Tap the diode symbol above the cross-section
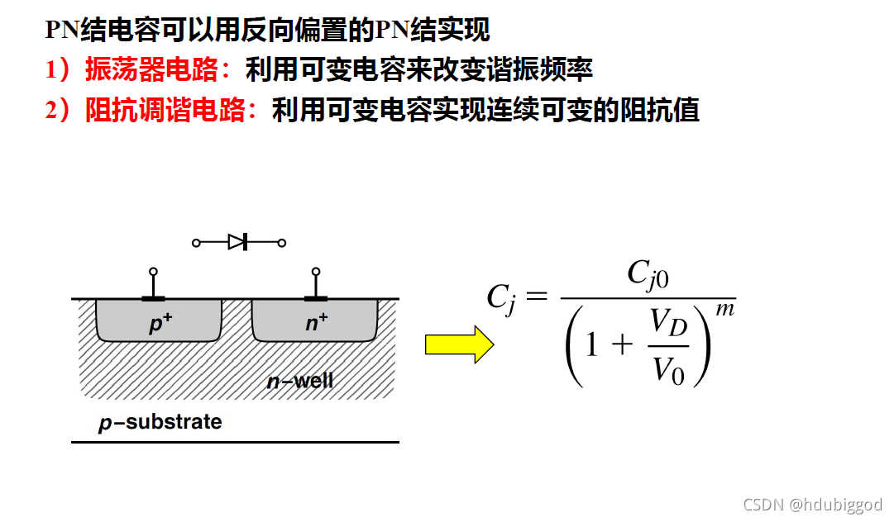point(238,242)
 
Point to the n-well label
point(300,381)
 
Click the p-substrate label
point(160,423)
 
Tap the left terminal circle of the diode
point(196,243)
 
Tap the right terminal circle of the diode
point(282,243)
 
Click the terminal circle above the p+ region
point(152,272)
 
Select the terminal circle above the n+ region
point(315,272)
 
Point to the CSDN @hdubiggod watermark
point(812,505)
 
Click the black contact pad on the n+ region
point(315,297)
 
